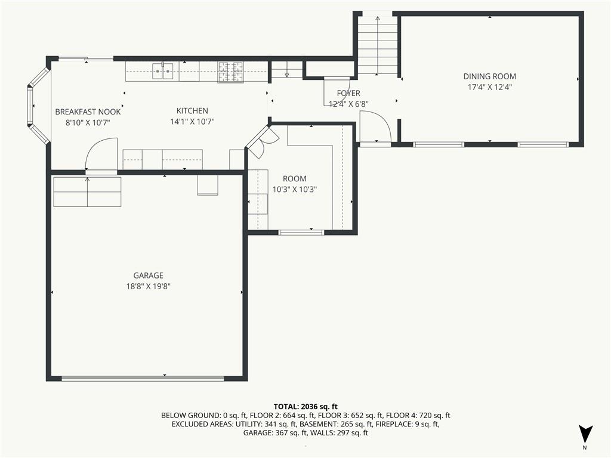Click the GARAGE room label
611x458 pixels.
(x=148, y=276)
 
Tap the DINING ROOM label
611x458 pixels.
(x=489, y=76)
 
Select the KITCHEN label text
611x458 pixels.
(x=192, y=110)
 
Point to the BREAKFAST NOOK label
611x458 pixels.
(x=88, y=112)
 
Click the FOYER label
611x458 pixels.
(x=348, y=93)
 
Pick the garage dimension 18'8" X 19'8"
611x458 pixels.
(x=148, y=286)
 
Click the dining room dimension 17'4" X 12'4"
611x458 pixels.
(x=489, y=87)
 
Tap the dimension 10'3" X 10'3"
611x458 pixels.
(x=294, y=190)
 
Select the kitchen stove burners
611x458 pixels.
(x=230, y=72)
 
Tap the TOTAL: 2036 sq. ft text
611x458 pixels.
(x=305, y=407)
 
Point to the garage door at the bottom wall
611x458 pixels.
(x=143, y=378)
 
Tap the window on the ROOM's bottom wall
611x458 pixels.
(x=301, y=233)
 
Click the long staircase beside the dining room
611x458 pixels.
(x=377, y=45)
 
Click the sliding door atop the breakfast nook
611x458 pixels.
(x=86, y=59)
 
